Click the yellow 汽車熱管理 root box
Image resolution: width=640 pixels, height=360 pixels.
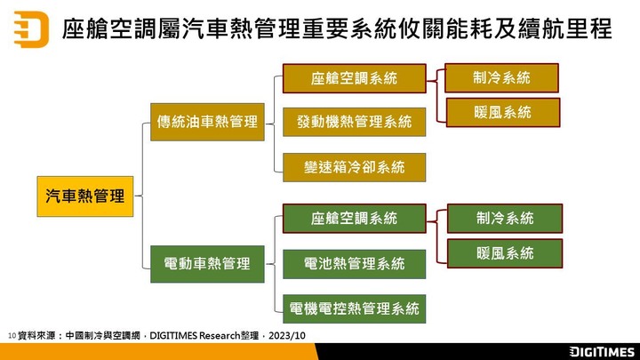coord(85,196)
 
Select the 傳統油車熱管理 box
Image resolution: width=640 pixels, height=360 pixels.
coord(207,122)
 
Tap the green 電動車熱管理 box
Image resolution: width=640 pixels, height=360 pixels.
coord(207,264)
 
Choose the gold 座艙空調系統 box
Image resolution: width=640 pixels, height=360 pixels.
coord(355,78)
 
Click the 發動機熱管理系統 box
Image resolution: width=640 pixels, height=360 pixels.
coord(355,122)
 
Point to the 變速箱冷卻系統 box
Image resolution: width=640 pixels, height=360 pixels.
coord(355,167)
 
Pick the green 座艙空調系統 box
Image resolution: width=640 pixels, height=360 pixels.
coord(355,219)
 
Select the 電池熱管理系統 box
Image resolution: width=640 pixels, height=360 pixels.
coord(355,264)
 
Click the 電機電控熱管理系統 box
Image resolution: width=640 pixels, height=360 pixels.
coord(355,308)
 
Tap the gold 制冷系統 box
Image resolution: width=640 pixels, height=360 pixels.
coord(501,77)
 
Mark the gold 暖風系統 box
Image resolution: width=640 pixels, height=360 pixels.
coord(503,112)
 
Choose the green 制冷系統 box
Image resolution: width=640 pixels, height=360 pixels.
coord(505,219)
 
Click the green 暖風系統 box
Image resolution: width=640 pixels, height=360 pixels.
coord(505,253)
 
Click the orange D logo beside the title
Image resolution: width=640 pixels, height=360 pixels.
coord(31,29)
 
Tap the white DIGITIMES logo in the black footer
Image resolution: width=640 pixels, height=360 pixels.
coord(602,352)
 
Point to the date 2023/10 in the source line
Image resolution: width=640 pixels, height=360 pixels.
coord(287,336)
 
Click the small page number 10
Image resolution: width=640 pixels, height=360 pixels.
coord(12,336)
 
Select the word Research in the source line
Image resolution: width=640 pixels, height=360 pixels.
coord(220,336)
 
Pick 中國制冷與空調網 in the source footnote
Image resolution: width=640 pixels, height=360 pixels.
coord(103,336)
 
